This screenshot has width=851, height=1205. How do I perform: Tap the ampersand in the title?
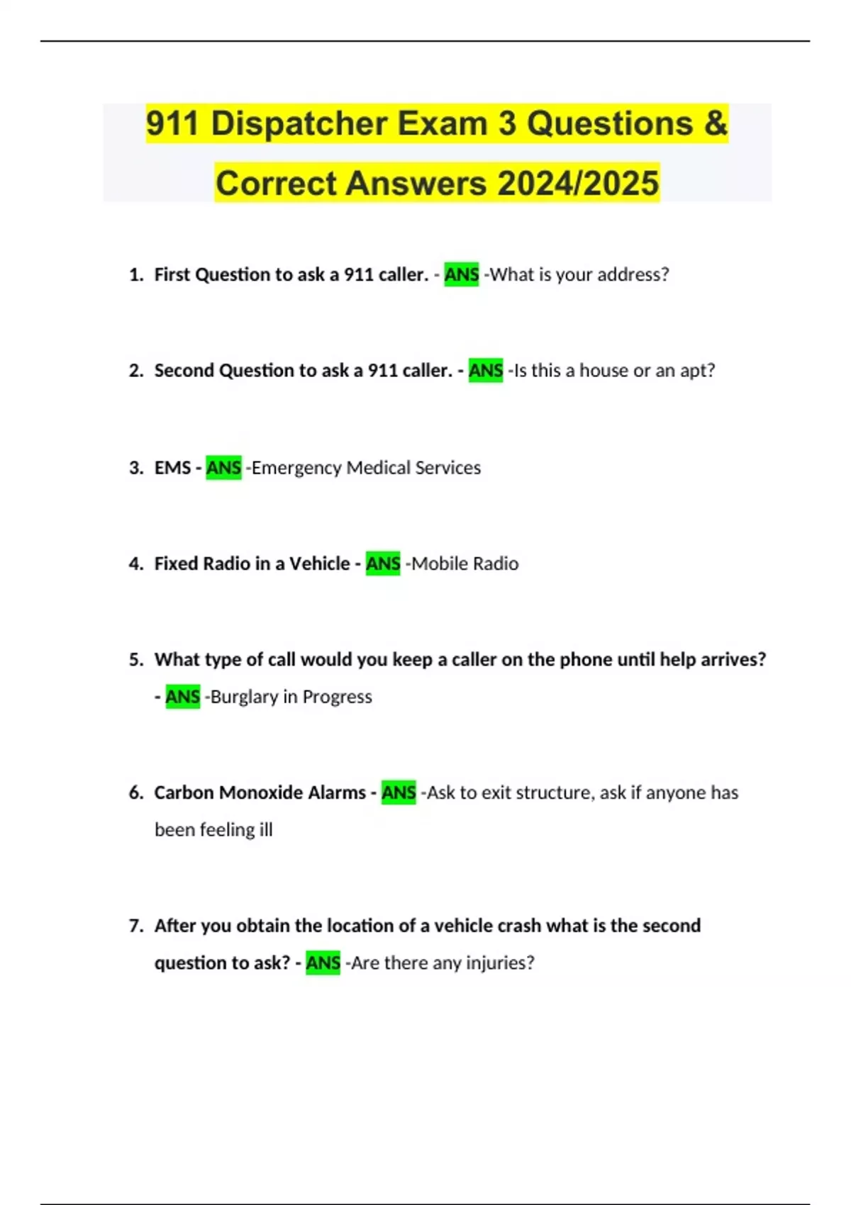pos(716,124)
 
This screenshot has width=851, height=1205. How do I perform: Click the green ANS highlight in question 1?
pos(461,275)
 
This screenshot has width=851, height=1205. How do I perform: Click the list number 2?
pos(135,371)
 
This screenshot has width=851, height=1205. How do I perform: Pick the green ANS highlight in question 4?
pos(383,564)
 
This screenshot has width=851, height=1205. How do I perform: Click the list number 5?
pos(135,660)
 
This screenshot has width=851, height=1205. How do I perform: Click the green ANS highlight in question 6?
pos(399,792)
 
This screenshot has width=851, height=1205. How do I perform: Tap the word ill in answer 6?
pos(265,830)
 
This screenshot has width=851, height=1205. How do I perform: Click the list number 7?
pos(135,926)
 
